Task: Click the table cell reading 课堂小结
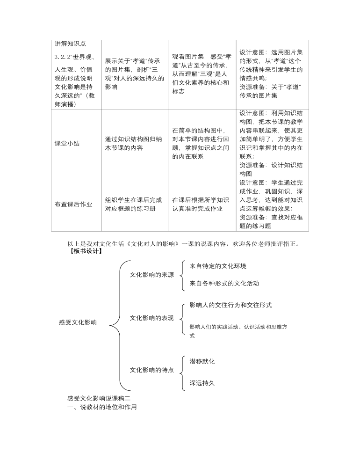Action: pyautogui.click(x=67, y=143)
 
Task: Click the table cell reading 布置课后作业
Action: pyautogui.click(x=73, y=204)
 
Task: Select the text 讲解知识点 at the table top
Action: pyautogui.click(x=70, y=44)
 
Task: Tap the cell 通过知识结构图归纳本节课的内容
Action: pyautogui.click(x=134, y=143)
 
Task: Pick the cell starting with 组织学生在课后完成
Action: pyautogui.click(x=133, y=204)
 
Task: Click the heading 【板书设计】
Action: pyautogui.click(x=85, y=251)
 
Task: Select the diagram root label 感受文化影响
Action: pyautogui.click(x=78, y=322)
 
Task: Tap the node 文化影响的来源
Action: pyautogui.click(x=151, y=275)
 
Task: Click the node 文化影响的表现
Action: pyautogui.click(x=151, y=318)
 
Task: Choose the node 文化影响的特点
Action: pyautogui.click(x=151, y=370)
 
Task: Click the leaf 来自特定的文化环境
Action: pyautogui.click(x=217, y=266)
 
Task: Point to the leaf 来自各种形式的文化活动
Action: pyautogui.click(x=224, y=283)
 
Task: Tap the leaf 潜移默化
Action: pyautogui.click(x=202, y=361)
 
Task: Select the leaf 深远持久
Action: pyautogui.click(x=202, y=383)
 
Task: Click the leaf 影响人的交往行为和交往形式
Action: pyautogui.click(x=230, y=305)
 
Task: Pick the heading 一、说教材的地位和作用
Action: pyautogui.click(x=102, y=407)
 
